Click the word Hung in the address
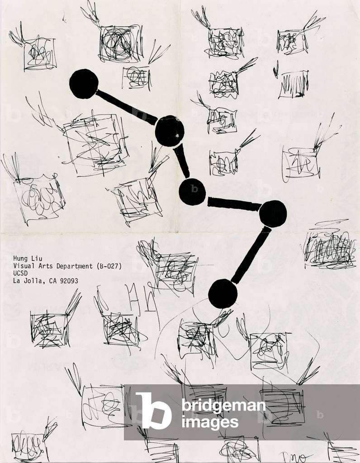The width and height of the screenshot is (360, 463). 21,259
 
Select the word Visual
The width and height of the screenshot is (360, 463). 24,266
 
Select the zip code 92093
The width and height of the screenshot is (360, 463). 68,281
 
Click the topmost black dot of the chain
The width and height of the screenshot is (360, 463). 84,84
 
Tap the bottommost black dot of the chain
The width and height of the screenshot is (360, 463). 223,294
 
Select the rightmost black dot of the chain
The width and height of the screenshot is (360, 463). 273,213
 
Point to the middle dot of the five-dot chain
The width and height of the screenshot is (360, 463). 192,192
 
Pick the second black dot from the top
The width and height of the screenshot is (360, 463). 170,131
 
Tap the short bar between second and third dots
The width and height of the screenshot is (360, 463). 181,161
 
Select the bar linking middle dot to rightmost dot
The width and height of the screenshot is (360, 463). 233,204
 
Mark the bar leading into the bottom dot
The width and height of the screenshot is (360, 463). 250,256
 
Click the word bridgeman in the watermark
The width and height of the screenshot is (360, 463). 223,406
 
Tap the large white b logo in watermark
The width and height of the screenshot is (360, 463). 154,410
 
